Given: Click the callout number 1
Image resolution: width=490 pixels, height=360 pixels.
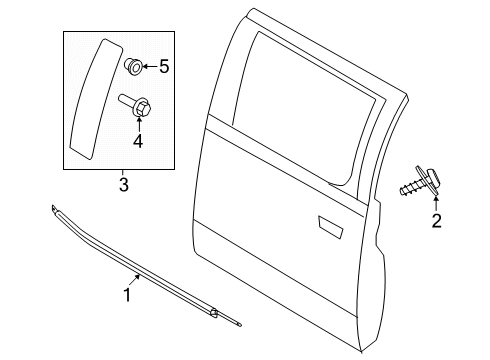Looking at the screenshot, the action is tap(127, 295).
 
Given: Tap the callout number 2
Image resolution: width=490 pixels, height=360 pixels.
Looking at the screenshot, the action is tap(436, 220).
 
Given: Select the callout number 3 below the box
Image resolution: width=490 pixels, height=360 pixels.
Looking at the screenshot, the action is tap(124, 185).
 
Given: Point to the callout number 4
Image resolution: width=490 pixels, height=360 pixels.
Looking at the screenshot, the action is tap(138, 141).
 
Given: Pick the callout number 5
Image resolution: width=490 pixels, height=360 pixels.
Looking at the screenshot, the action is tap(164, 67).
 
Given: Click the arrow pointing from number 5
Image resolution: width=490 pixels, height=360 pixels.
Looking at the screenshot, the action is tap(150, 67).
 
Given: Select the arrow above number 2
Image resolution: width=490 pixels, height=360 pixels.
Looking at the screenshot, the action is tap(436, 204).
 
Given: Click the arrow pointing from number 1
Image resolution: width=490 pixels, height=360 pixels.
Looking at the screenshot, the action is tap(133, 280).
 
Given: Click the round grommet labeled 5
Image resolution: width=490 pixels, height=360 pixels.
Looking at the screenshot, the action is tap(134, 66).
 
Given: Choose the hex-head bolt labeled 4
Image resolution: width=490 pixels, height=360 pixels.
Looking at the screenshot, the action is tap(135, 104).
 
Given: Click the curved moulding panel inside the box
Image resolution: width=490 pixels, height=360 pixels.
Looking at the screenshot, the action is tap(95, 99).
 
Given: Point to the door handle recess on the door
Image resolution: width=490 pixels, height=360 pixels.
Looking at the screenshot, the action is tap(330, 227).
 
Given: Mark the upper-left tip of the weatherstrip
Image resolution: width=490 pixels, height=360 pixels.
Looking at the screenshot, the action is tap(52, 206).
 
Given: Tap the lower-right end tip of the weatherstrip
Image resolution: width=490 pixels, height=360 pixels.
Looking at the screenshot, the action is tap(241, 325).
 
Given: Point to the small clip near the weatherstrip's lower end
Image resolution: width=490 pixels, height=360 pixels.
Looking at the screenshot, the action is tap(214, 313).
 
